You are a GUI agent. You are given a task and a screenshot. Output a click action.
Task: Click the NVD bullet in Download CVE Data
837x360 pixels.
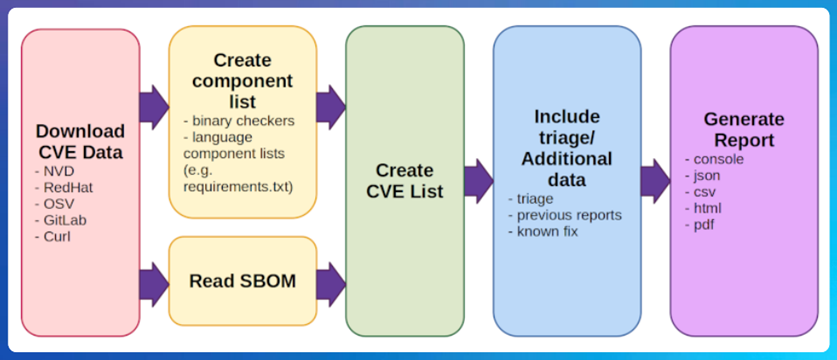coord(54,171)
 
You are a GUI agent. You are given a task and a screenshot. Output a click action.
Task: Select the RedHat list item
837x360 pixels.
coord(64,187)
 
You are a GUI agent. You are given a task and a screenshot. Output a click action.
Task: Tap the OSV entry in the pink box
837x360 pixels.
coord(54,204)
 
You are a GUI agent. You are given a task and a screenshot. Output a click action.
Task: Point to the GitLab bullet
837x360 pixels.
coord(60,220)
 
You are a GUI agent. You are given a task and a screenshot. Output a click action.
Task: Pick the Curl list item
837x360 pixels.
coord(52,236)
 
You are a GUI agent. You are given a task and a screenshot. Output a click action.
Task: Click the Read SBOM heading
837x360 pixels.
coord(242,281)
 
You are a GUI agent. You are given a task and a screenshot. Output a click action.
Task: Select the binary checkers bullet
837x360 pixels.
coord(239,121)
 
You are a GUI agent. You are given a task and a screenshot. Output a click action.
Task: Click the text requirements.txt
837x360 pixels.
coord(238,187)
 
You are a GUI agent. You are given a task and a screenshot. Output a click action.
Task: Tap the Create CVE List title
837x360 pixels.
coord(405,181)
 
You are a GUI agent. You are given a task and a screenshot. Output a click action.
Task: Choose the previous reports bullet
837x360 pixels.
coord(565,215)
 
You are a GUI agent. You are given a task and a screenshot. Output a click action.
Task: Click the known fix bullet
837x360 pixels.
coord(543,232)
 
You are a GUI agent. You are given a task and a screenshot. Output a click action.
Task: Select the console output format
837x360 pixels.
coord(715,159)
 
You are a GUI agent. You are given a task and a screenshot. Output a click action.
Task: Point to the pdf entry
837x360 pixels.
coord(700,225)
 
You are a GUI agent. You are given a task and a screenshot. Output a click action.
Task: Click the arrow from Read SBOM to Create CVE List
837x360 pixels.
coord(331,284)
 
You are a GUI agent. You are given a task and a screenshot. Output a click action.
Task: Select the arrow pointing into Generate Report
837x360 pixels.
coord(656,181)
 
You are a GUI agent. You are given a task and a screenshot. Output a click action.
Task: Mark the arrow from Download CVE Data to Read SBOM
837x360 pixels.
coord(154,284)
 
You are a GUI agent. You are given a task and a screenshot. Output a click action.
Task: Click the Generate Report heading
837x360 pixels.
coord(744,129)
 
